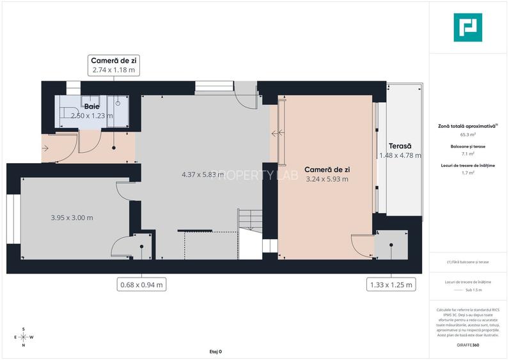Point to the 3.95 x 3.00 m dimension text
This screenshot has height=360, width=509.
[x=72, y=217]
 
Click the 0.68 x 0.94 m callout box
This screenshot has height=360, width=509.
[x=141, y=285]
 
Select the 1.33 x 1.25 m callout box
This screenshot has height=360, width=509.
[x=391, y=285]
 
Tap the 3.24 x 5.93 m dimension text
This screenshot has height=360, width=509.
[x=327, y=179]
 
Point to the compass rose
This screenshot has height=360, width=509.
[x=24, y=337]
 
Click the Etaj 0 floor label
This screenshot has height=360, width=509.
[x=215, y=352]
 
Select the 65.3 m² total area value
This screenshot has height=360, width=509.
[x=468, y=135]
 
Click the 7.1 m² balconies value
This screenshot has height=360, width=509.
[x=468, y=153]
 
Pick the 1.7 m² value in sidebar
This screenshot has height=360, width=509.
[x=468, y=172]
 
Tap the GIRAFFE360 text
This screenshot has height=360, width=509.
[x=468, y=345]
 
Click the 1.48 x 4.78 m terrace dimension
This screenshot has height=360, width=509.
[x=400, y=155]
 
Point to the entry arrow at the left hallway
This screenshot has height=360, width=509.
[x=46, y=148]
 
